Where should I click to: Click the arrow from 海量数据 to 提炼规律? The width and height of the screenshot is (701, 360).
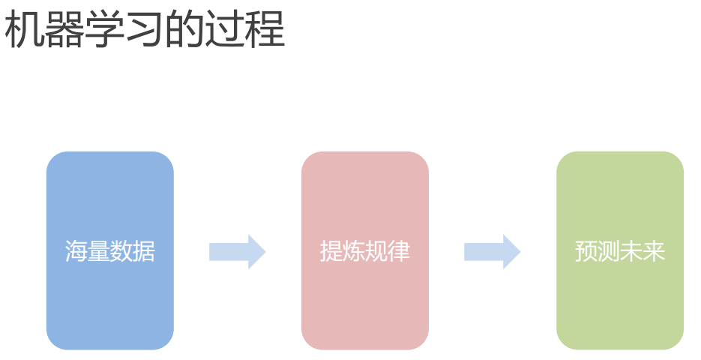coord(237,252)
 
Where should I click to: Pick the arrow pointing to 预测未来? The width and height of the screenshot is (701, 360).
coord(492,252)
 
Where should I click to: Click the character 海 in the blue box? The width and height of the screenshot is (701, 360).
coord(76,251)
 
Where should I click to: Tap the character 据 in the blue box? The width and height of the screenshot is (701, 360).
coord(144,251)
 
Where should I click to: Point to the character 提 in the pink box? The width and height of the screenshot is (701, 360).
coord(331,251)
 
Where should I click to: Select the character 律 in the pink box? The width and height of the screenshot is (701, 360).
coord(399,251)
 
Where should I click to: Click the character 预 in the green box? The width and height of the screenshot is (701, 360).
coord(586,251)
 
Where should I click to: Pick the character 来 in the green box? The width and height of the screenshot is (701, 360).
coord(654,251)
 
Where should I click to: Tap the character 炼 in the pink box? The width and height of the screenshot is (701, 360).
coord(353,251)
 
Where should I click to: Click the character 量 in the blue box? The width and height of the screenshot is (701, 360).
coord(98,251)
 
